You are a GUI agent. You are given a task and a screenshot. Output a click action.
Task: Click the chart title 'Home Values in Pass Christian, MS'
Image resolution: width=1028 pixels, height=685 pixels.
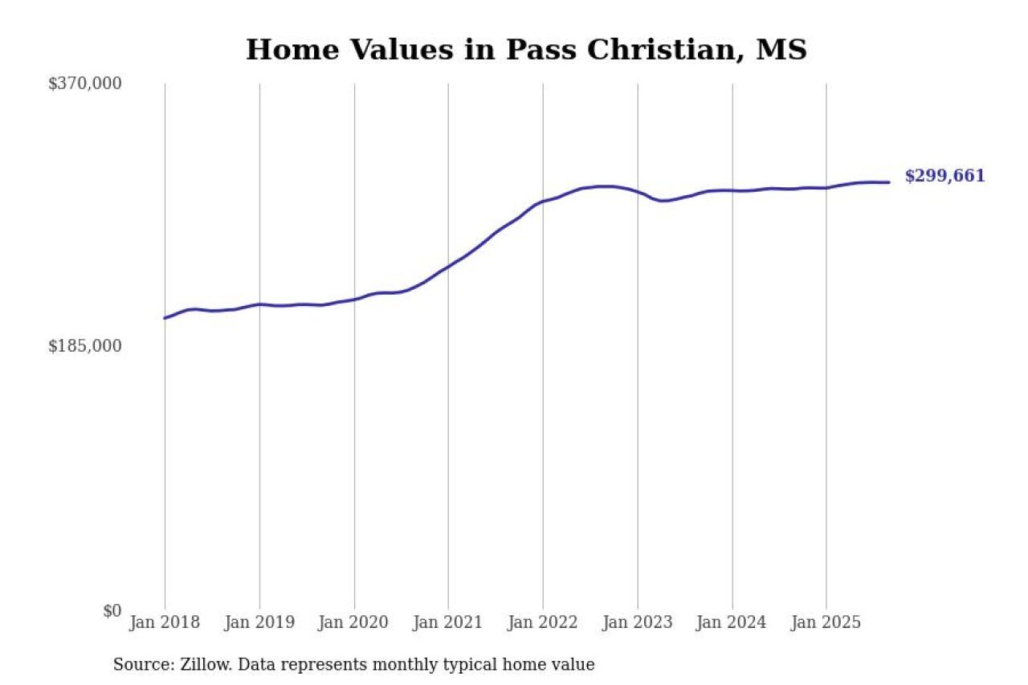point(526,50)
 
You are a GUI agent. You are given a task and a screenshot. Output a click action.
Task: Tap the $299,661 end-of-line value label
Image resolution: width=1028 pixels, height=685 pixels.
point(944,177)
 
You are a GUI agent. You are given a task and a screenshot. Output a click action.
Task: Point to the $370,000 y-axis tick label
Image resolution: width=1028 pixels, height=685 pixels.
point(85,84)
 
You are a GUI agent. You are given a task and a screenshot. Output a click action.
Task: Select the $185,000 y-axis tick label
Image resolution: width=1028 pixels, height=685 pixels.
point(85,346)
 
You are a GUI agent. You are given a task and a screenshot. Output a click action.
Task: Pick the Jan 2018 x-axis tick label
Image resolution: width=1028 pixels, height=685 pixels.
point(165,623)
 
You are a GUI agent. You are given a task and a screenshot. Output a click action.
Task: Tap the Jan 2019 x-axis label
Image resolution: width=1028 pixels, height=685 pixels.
point(259,623)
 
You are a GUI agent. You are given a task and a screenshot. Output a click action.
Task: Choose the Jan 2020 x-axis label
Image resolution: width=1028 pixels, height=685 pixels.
point(354,623)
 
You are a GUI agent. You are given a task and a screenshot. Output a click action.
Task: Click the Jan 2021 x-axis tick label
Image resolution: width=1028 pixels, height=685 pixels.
point(448,623)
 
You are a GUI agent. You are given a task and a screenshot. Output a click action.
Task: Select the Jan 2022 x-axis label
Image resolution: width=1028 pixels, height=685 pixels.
point(543,623)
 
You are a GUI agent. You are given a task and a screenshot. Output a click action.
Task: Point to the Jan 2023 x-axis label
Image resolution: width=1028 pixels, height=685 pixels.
point(638,623)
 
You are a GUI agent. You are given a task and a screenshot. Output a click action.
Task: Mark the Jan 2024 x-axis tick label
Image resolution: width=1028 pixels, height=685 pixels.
point(732,623)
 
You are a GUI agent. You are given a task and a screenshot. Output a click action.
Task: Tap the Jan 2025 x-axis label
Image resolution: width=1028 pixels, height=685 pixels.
point(826,623)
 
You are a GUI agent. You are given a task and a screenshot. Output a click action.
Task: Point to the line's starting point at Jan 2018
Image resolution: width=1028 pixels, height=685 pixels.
point(165,318)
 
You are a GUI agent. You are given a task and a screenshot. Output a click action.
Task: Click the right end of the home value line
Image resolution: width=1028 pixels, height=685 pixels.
point(888,182)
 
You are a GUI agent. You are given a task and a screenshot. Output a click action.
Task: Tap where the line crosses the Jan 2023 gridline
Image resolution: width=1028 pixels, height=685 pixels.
point(638,192)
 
